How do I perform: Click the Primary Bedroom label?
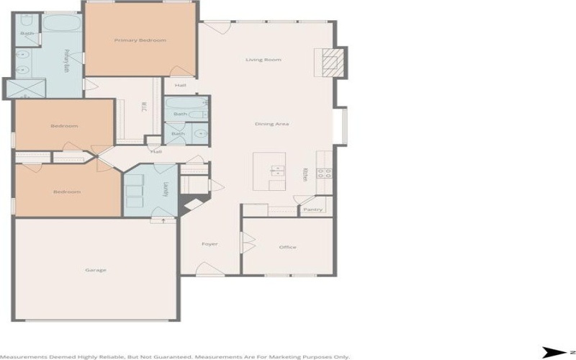tap(140, 40)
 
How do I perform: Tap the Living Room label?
tap(264, 60)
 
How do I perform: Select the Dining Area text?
tap(272, 124)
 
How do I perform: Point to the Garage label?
tap(96, 270)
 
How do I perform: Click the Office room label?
tap(288, 247)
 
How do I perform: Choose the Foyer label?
tap(210, 244)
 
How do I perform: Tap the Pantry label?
tap(312, 210)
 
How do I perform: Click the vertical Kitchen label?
tap(305, 175)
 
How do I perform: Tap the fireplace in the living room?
tap(330, 63)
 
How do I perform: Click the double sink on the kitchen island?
tap(277, 170)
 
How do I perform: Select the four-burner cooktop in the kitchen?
tap(324, 173)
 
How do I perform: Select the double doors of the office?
tap(247, 243)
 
